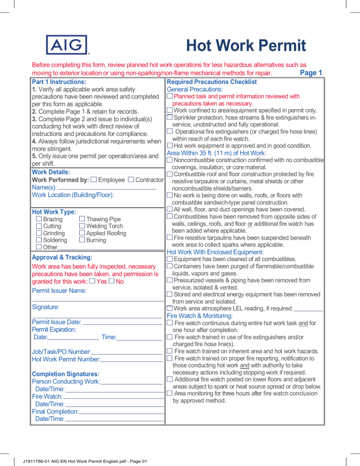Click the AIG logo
click(x=67, y=45)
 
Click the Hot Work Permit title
click(x=246, y=46)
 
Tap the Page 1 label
click(x=310, y=73)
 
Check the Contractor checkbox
click(x=131, y=180)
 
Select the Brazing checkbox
click(x=39, y=219)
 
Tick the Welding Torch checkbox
click(x=82, y=226)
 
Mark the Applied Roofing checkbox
click(x=82, y=233)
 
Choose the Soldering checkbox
click(x=39, y=240)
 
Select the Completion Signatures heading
click(x=65, y=374)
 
